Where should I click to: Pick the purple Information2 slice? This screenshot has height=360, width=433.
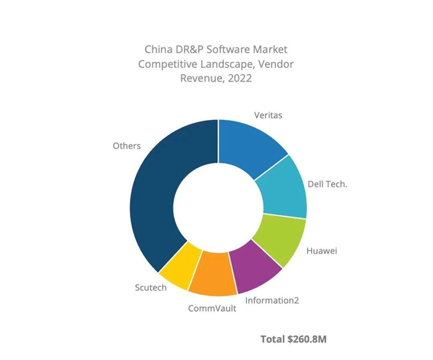click(254, 268)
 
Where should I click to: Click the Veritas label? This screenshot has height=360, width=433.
click(268, 115)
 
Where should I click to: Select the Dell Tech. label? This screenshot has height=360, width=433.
click(327, 184)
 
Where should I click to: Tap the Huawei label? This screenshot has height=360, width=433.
click(322, 251)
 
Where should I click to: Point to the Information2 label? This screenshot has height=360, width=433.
click(272, 301)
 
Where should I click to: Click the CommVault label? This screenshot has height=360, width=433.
click(212, 309)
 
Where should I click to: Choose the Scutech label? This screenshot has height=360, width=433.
click(151, 288)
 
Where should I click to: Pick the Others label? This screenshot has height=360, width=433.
click(127, 146)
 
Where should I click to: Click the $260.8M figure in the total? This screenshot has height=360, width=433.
click(307, 339)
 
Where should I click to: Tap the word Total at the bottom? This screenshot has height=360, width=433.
click(273, 339)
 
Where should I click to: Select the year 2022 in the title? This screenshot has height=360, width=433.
click(240, 78)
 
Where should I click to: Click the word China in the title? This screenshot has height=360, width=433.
click(155, 49)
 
